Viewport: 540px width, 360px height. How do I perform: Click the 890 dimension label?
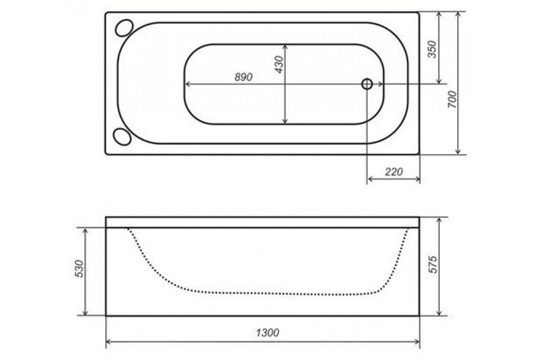tap(244, 77)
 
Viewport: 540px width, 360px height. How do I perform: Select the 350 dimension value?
tap(431, 49)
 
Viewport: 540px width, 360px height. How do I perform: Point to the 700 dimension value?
tap(452, 99)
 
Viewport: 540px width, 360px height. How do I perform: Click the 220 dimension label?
tap(394, 171)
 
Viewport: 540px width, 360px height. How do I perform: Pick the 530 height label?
tap(79, 269)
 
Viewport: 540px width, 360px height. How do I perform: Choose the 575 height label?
tap(433, 264)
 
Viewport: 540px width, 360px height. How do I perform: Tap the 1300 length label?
tap(268, 332)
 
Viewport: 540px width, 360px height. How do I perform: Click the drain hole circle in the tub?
tap(367, 84)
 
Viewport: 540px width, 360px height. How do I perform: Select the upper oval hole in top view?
tap(124, 28)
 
